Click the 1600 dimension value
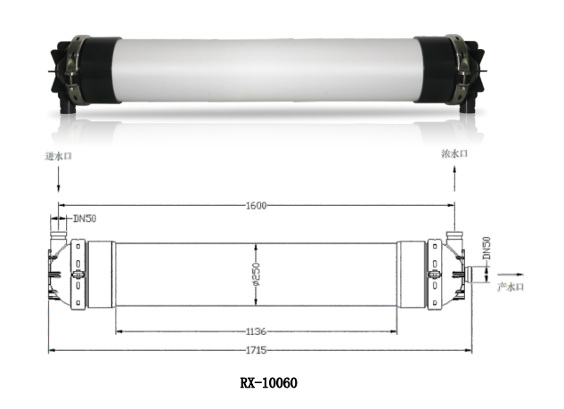(x=256, y=206)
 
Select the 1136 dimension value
(x=256, y=331)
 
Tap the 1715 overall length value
(x=256, y=350)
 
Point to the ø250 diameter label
(x=256, y=274)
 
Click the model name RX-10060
(x=269, y=383)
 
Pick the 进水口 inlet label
(x=58, y=156)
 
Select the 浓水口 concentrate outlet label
(x=454, y=153)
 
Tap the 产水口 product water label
(x=511, y=287)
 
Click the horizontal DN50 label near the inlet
(x=85, y=218)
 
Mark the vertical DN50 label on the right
(x=486, y=248)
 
